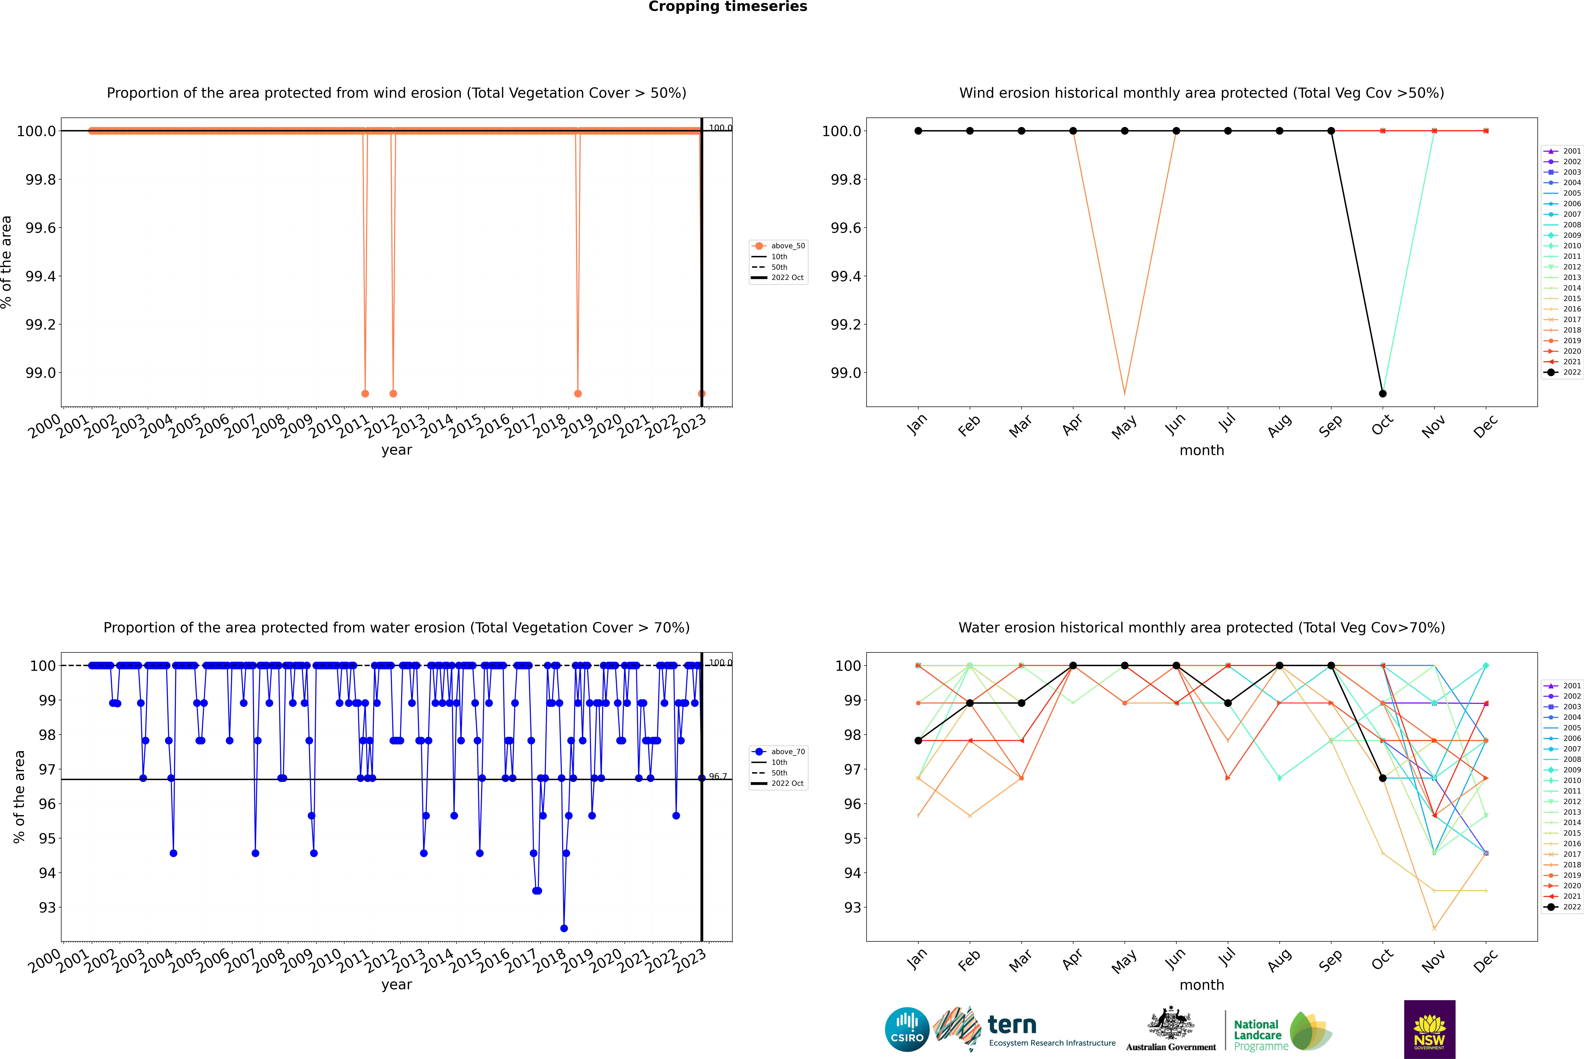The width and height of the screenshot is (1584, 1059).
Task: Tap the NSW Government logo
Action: (1429, 1029)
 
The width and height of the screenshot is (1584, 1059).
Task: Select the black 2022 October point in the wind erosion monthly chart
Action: (1383, 393)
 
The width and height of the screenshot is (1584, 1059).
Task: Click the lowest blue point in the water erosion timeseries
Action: (564, 928)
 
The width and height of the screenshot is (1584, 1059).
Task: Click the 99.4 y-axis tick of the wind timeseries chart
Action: (41, 276)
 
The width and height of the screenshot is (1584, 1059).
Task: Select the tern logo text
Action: (1011, 1025)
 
